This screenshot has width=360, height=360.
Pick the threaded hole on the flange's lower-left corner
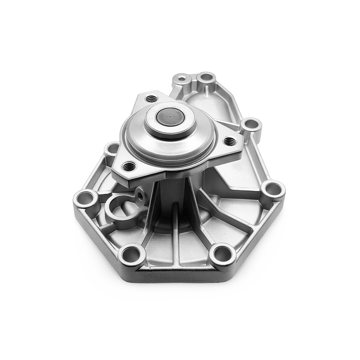pyautogui.click(x=129, y=166)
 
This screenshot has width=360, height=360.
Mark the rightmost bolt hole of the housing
pyautogui.click(x=273, y=189)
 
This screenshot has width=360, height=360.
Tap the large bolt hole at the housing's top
pyautogui.click(x=206, y=78)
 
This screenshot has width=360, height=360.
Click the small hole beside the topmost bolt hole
pyautogui.click(x=183, y=80)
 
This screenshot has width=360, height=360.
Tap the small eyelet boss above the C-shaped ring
pyautogui.click(x=139, y=193)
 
